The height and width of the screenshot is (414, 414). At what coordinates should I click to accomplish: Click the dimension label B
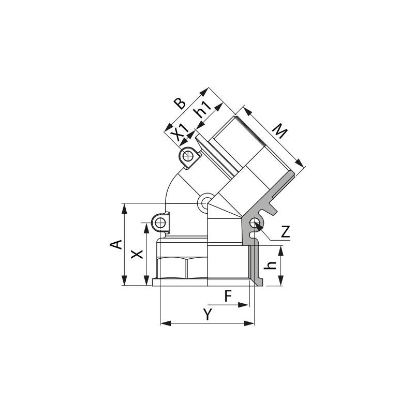point(180,102)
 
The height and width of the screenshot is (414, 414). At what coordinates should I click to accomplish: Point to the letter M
point(280,132)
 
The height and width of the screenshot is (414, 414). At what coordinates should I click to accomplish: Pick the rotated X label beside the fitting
point(136,254)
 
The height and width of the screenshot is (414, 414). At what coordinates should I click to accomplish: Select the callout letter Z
point(285,232)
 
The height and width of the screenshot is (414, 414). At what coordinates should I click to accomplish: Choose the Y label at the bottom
point(207,314)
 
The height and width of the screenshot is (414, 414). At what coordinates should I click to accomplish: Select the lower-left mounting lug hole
point(160,223)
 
